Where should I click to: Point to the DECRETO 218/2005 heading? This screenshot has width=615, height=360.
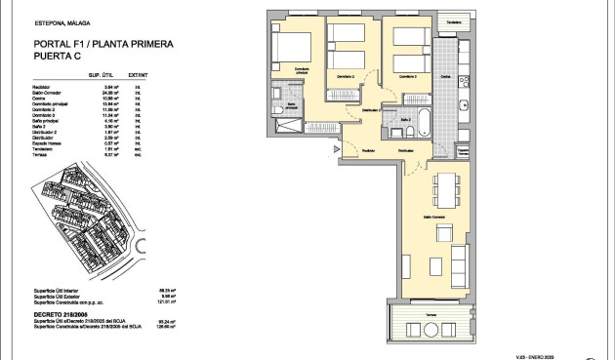[59, 314]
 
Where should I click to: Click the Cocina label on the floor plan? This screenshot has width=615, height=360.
[444, 75]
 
